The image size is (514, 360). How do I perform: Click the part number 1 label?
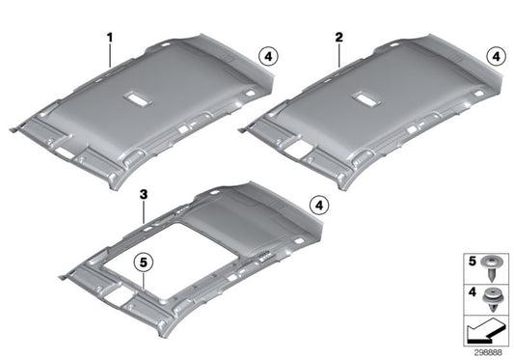110,38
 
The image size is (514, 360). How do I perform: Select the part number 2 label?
338,38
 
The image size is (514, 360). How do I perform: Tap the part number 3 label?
142,194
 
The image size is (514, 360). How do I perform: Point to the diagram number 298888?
488,352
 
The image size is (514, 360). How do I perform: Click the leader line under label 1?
111,54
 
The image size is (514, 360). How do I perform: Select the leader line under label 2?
339,53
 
